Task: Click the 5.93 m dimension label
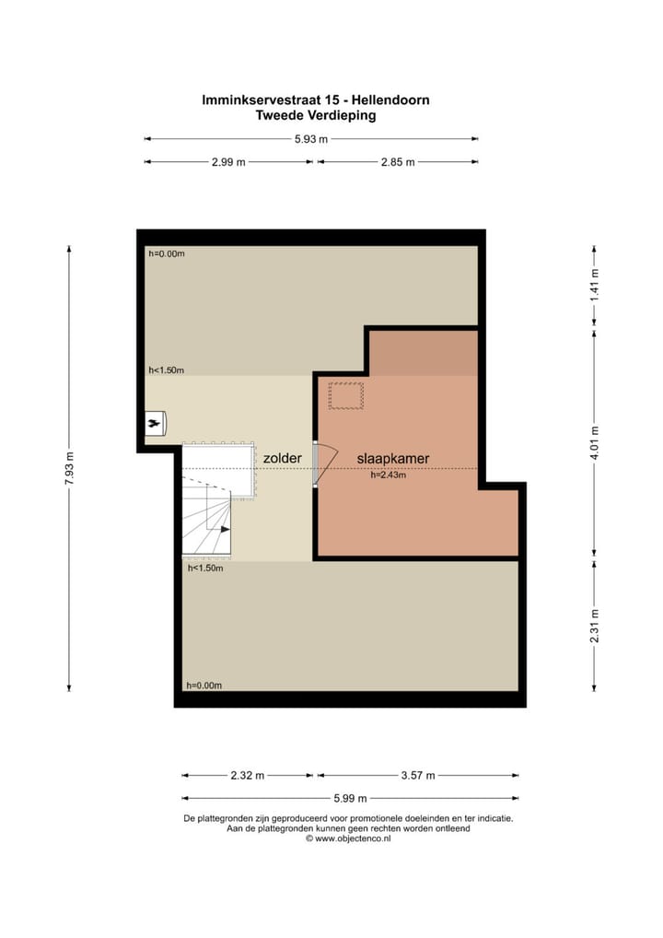point(311,139)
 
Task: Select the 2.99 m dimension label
point(228,161)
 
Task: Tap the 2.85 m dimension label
point(397,161)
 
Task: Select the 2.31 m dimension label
point(595,624)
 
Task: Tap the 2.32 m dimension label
point(246,775)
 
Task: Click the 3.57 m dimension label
point(418,775)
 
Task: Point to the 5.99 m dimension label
point(349,798)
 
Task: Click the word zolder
point(282,457)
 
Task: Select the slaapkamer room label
point(393,457)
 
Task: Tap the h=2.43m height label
point(389,475)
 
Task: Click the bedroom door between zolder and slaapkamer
point(316,463)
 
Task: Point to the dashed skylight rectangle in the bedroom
point(346,395)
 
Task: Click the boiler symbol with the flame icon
point(155,422)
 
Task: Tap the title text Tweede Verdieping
point(316,116)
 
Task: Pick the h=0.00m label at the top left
point(167,253)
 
